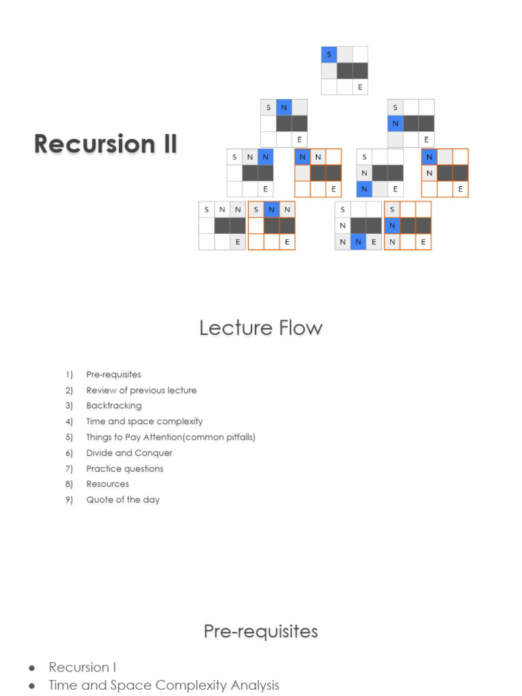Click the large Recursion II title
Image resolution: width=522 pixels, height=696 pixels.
pos(105,144)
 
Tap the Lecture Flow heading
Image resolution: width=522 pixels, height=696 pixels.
pos(261,328)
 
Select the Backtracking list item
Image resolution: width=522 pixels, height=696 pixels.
pos(114,406)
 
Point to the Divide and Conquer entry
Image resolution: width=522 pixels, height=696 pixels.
pos(129,453)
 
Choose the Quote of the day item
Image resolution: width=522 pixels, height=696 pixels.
pos(122,500)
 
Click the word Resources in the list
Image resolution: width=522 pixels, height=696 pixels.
pos(107,484)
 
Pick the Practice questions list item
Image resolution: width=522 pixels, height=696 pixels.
pos(124,468)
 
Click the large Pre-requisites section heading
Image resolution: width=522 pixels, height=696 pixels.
pos(261,631)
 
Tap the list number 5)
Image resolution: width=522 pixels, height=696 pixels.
pos(69,437)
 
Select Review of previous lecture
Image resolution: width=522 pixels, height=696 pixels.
pos(141,390)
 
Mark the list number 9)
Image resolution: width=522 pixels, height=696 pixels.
pos(69,500)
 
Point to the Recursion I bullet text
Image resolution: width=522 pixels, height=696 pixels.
pos(82,667)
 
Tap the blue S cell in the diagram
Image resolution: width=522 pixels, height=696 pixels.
pos(329,54)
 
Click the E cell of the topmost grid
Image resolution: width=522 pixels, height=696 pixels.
pos(360,87)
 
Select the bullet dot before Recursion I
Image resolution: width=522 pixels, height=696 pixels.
pos(32,668)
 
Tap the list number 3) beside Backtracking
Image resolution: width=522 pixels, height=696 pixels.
pos(69,406)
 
